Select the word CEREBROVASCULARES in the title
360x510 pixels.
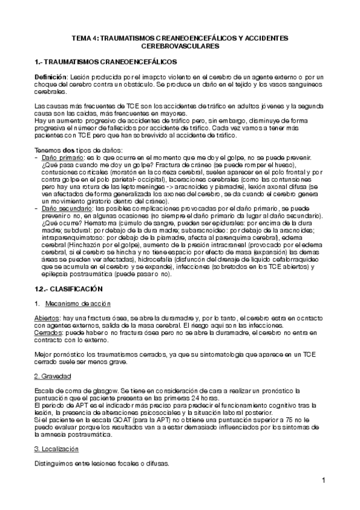tap(180, 46)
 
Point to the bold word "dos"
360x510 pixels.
tap(68, 149)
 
